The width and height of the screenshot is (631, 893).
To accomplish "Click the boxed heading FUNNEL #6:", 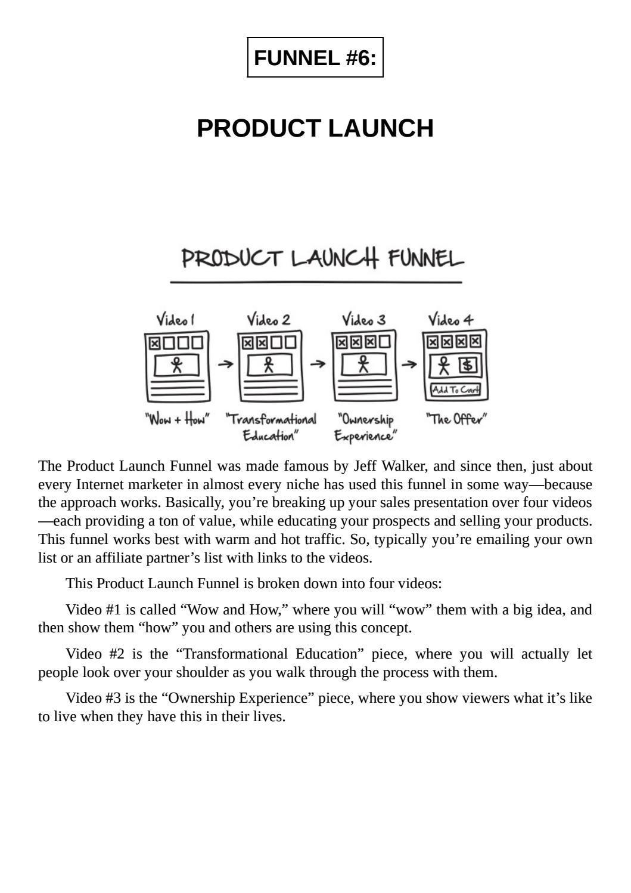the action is [x=315, y=58].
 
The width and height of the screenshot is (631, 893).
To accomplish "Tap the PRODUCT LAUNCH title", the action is [x=315, y=128].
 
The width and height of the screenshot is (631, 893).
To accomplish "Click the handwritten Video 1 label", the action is [x=175, y=320].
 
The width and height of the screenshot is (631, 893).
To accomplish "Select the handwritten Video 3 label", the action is [x=363, y=320].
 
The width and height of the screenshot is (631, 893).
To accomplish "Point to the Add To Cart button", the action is [x=455, y=390].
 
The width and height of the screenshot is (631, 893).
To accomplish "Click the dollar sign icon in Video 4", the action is [x=468, y=364].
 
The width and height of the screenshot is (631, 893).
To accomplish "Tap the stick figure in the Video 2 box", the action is [x=269, y=364].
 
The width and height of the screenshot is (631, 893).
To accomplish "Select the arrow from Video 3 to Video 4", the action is [x=409, y=364].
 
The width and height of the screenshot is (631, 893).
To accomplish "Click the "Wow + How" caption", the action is [x=177, y=419].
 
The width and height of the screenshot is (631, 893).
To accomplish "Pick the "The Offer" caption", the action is [x=456, y=419].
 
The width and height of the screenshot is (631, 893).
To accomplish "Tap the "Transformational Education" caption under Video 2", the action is [x=271, y=427].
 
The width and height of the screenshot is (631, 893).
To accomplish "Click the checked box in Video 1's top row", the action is [x=155, y=343].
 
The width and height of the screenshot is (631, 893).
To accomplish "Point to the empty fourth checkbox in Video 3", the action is [x=385, y=342].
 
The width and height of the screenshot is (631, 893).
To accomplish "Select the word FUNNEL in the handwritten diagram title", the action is [x=425, y=259].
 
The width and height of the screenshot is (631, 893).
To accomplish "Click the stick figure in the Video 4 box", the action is [x=443, y=364].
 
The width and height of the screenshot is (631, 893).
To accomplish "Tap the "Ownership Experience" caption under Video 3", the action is [x=365, y=428].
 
